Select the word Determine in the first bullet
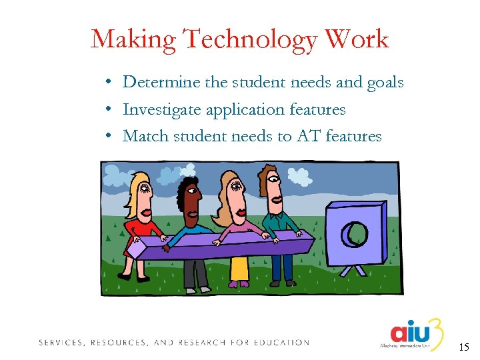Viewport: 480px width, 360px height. tap(162, 82)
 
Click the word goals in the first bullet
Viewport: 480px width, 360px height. tap(385, 83)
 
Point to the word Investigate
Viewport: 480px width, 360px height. tap(161, 109)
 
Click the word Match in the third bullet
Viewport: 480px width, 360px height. tap(145, 136)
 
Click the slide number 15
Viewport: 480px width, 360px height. tap(464, 347)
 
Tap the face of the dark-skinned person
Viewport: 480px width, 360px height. tap(190, 203)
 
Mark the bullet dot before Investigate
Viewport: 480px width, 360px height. tap(107, 109)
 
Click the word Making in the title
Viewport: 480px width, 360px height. tap(133, 40)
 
